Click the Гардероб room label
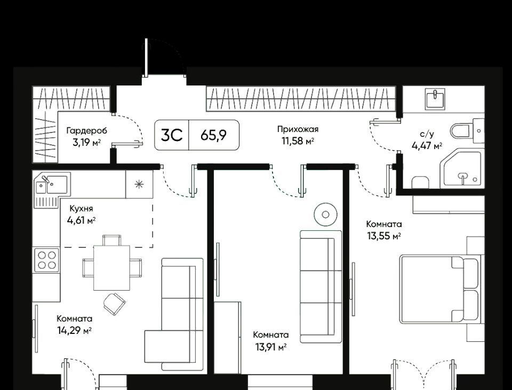(86, 131)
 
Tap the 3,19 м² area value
(86, 143)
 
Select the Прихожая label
(298, 129)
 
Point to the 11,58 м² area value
(298, 141)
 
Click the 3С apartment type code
(172, 135)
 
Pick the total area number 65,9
(213, 135)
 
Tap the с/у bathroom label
(427, 134)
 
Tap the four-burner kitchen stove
(47, 260)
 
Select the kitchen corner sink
(52, 190)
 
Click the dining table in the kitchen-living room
(111, 268)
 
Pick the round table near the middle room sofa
(325, 214)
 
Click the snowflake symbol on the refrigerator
(139, 184)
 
